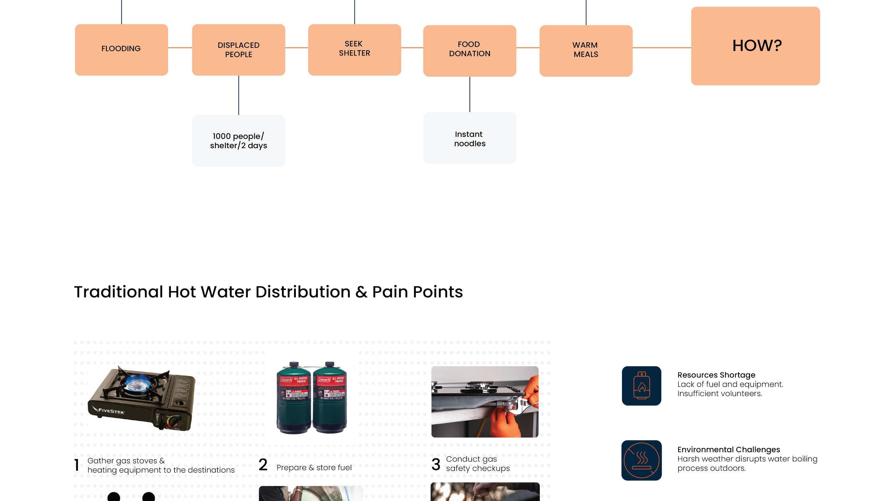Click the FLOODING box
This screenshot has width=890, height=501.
click(x=121, y=49)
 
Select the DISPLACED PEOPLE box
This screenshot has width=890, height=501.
click(x=239, y=50)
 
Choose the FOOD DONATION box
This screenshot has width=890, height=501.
click(x=470, y=50)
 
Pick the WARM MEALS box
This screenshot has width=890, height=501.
click(x=586, y=50)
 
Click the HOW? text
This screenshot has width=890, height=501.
click(x=757, y=46)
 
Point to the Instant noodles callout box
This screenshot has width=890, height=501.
click(x=470, y=138)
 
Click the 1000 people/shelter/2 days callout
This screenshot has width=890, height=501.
click(x=238, y=140)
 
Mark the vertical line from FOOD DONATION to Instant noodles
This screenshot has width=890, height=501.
click(x=470, y=94)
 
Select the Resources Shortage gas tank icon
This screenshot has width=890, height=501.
click(x=642, y=386)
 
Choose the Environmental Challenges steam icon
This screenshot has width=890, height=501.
click(x=642, y=460)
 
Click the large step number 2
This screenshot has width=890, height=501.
click(x=263, y=465)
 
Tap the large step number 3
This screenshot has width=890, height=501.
click(x=436, y=464)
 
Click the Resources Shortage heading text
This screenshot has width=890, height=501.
click(x=716, y=375)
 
